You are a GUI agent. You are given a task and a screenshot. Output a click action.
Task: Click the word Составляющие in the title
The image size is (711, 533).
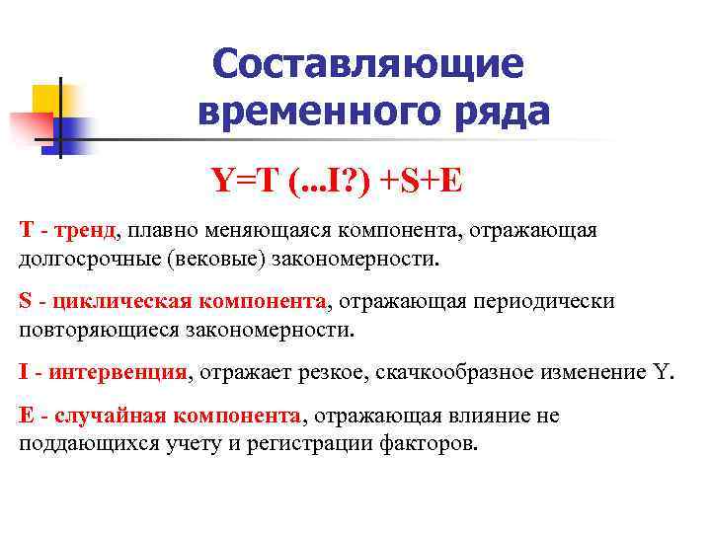(x=366, y=64)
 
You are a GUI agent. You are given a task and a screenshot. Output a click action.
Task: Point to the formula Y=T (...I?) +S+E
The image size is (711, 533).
(x=335, y=180)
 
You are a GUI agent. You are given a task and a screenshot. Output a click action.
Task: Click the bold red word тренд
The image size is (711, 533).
(x=85, y=231)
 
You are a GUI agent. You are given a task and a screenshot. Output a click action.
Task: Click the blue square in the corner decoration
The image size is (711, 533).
(x=71, y=133)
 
